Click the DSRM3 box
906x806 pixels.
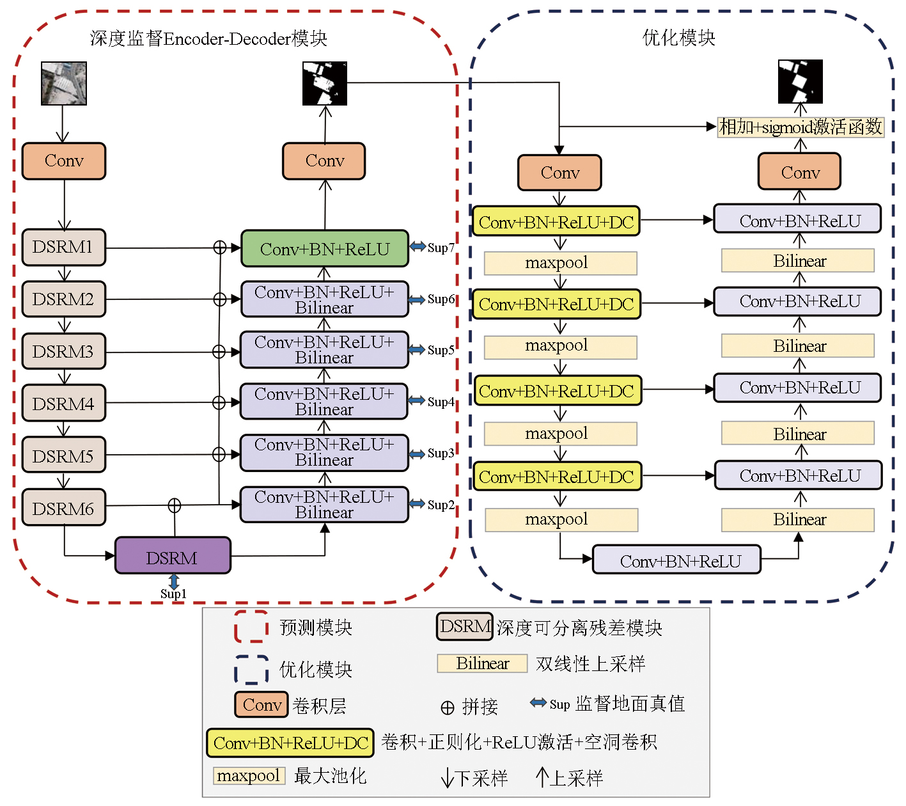(x=63, y=351)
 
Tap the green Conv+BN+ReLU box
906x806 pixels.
(x=324, y=249)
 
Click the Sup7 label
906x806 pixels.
(x=441, y=248)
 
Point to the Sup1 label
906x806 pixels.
(x=173, y=594)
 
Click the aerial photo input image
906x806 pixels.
(x=63, y=83)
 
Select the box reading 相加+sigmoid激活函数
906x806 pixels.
(x=801, y=127)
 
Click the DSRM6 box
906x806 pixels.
(x=63, y=508)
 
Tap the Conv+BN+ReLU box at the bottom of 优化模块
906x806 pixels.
(x=677, y=560)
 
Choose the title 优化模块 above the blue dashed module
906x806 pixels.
(x=678, y=38)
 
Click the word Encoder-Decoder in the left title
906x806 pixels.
(x=227, y=39)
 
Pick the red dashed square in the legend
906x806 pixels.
(x=251, y=626)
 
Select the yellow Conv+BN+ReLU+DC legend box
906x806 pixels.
(x=290, y=743)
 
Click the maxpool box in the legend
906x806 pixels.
(x=249, y=776)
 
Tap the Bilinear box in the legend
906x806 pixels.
(x=482, y=663)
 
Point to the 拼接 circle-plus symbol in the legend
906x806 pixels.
(x=448, y=707)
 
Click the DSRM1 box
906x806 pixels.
(x=63, y=247)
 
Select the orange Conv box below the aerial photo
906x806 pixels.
(x=63, y=161)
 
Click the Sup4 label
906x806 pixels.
(x=441, y=402)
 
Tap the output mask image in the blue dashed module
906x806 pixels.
(x=800, y=82)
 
